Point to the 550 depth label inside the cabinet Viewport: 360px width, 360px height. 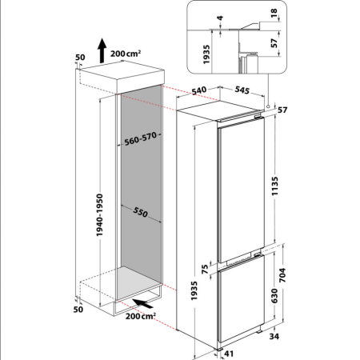coord(141,214)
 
